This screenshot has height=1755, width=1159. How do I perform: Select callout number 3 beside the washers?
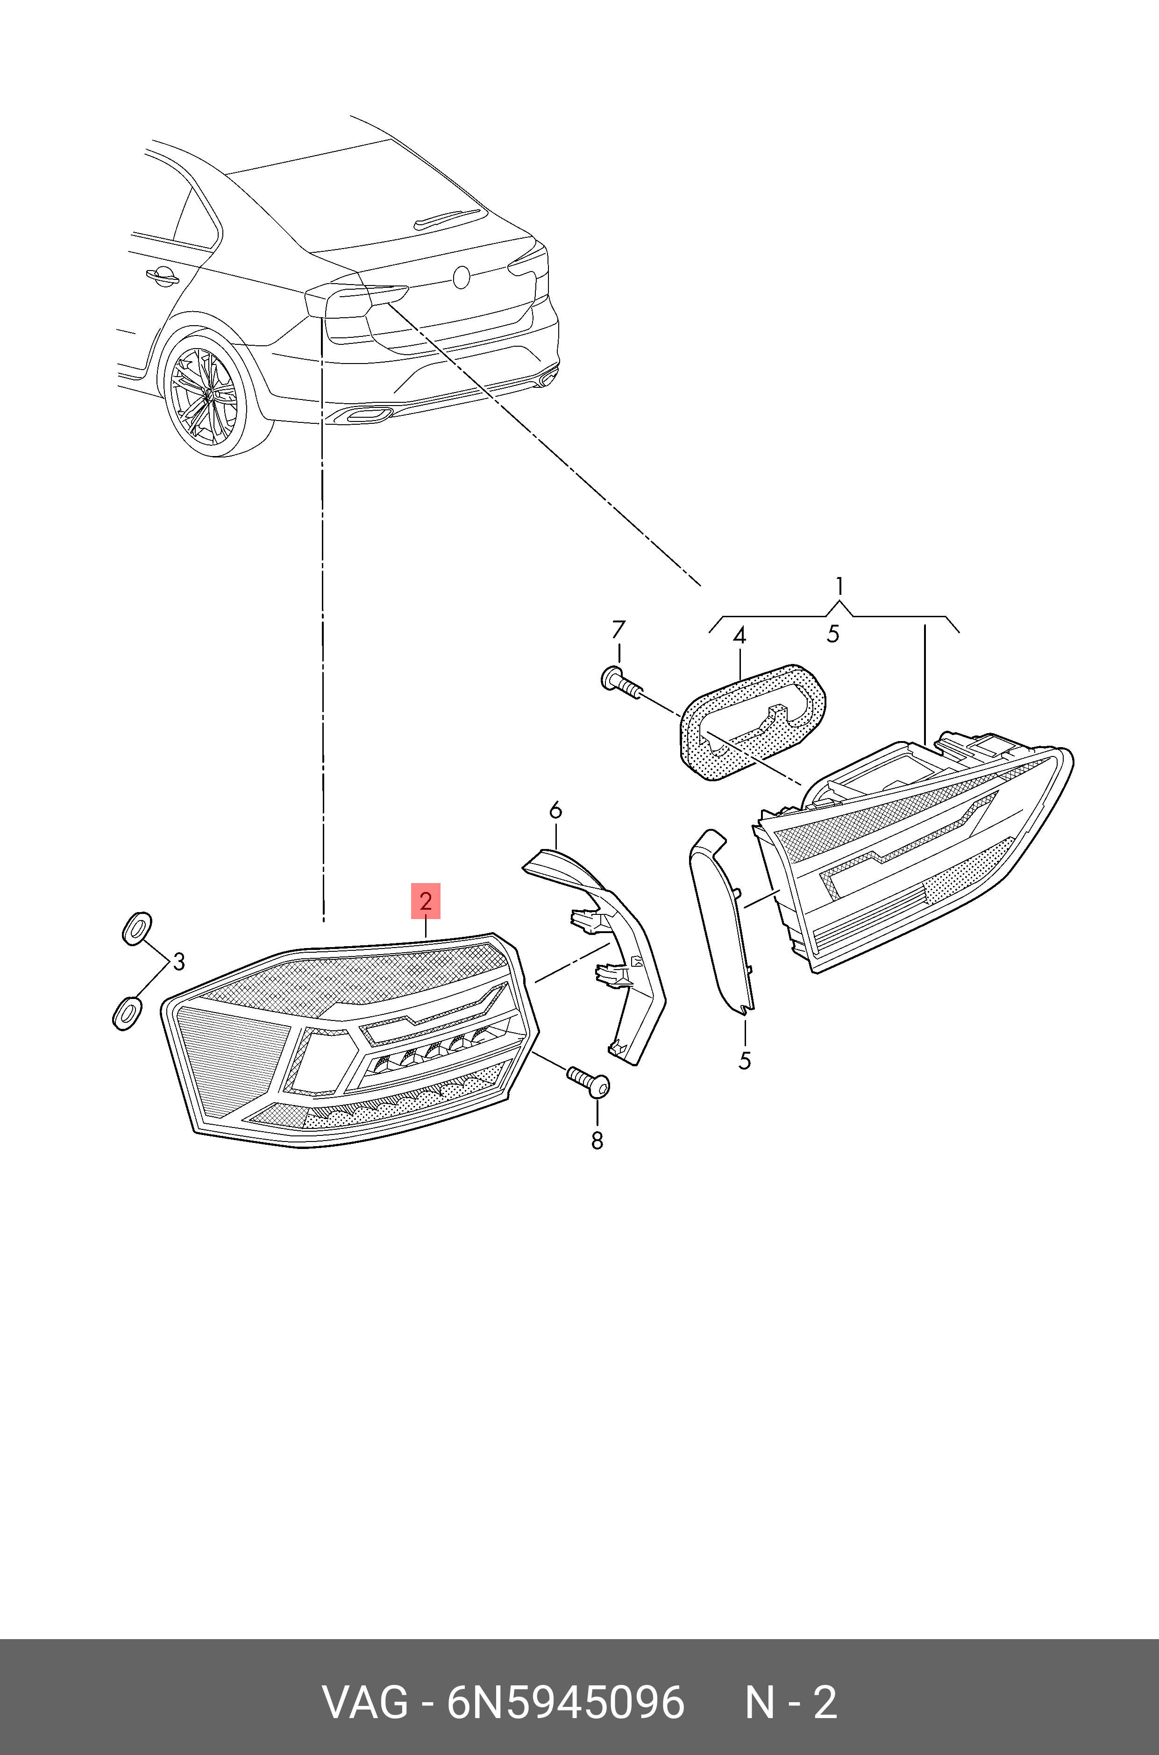(x=178, y=961)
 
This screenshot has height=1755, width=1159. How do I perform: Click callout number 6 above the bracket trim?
(x=555, y=810)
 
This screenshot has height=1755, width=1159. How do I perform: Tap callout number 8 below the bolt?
(x=597, y=1141)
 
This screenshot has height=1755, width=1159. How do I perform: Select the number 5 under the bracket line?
(x=833, y=634)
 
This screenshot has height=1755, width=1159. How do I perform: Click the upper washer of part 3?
(x=136, y=928)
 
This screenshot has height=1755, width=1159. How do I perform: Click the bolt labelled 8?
(x=589, y=1084)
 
